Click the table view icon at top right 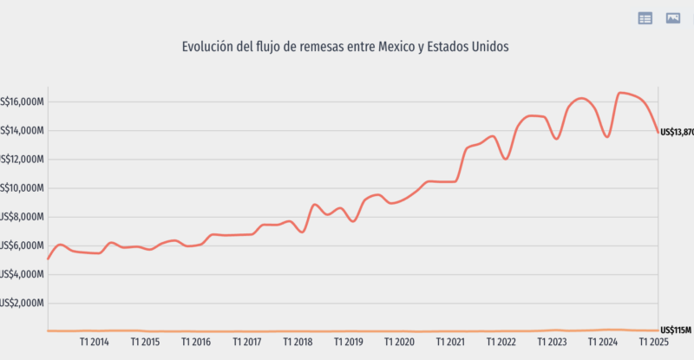tap(645, 18)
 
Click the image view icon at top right tap(672, 18)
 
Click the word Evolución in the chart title tap(209, 47)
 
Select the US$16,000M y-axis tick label tap(22, 102)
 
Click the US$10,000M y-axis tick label tap(22, 188)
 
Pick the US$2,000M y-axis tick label tap(22, 303)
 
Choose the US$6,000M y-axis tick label tap(22, 245)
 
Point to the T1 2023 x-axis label tap(553, 342)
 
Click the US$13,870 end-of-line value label tap(677, 132)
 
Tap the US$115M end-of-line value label tap(675, 331)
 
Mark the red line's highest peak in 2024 tap(621, 93)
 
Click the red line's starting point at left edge tap(49, 259)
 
